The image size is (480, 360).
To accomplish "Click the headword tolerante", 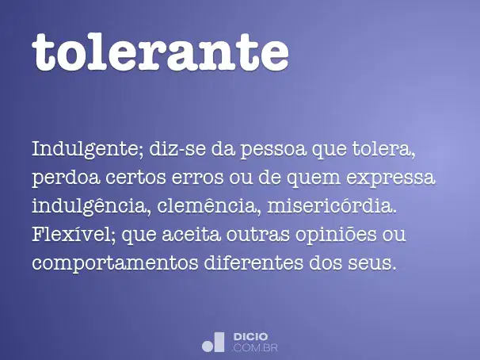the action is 161,52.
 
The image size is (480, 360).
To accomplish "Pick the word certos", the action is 135,178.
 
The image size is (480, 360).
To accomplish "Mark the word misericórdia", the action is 332,206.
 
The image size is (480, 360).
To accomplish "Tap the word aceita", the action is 191,236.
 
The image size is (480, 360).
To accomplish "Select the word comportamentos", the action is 115,264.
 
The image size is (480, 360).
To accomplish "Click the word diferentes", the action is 253,262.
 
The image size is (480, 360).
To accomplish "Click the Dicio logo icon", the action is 213,342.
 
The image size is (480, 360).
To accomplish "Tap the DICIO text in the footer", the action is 251,337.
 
